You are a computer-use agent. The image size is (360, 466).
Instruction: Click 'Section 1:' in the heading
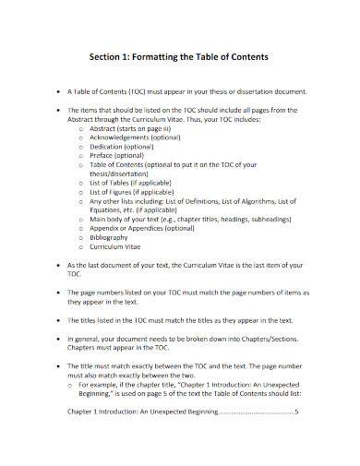112,56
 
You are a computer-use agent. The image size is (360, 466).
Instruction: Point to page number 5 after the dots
296,437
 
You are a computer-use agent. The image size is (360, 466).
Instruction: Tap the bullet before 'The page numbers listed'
59,293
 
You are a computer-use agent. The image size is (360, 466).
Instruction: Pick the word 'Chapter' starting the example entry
83,437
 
